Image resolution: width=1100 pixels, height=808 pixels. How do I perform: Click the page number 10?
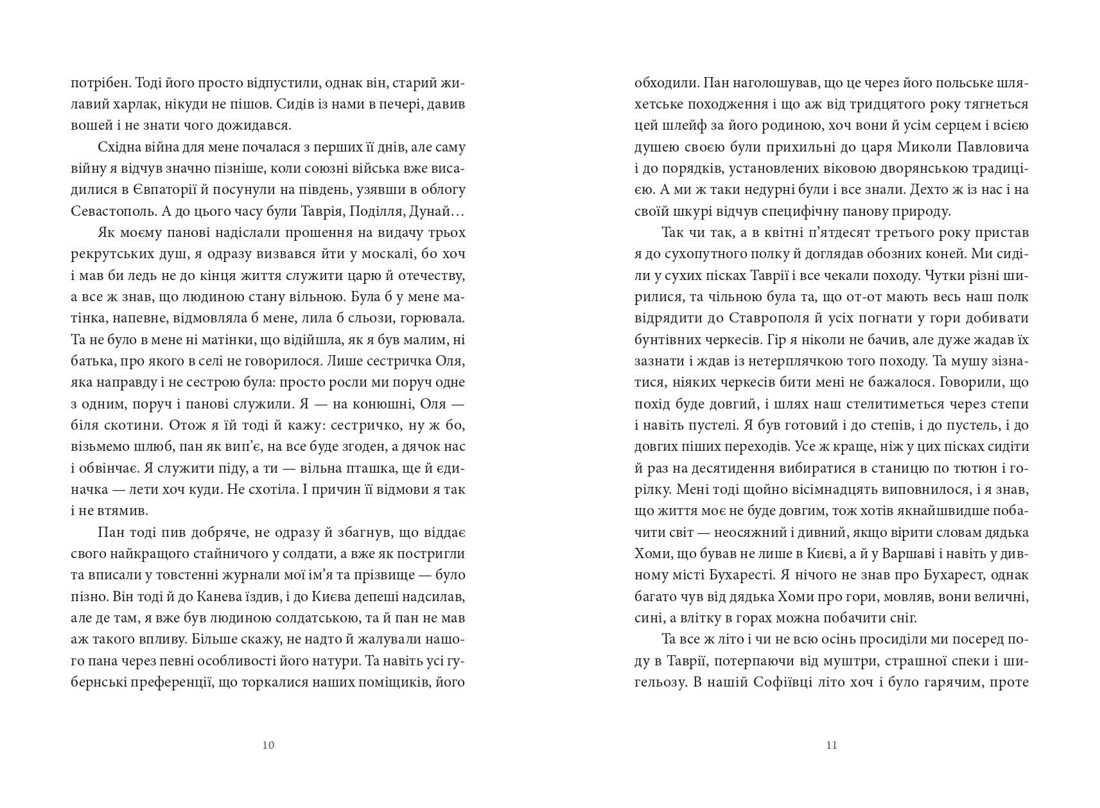[x=268, y=745]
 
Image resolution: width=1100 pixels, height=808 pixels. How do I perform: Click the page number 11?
[x=831, y=745]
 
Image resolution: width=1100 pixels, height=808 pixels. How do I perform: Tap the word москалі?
[x=361, y=254]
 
